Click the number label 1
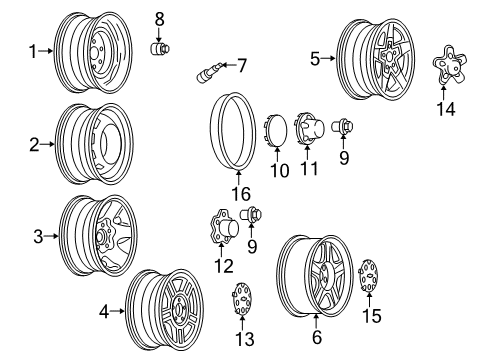pyautogui.click(x=32, y=51)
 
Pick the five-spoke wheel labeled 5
pyautogui.click(x=375, y=59)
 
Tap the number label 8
pyautogui.click(x=158, y=19)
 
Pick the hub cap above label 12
pyautogui.click(x=220, y=228)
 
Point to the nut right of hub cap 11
pyautogui.click(x=343, y=129)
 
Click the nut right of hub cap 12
pyautogui.click(x=253, y=214)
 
